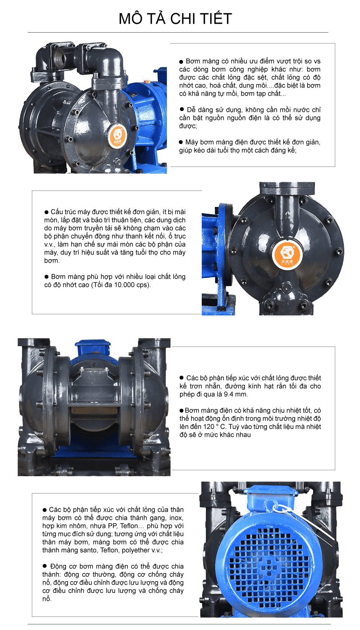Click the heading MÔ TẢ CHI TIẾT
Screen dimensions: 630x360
coord(175,19)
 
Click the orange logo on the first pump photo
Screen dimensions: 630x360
coord(118,136)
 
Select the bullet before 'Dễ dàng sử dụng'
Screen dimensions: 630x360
coord(182,109)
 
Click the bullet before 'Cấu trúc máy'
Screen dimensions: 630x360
coord(46,212)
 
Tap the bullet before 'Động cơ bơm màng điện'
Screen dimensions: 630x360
coord(45,566)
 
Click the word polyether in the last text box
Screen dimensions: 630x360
coord(135,550)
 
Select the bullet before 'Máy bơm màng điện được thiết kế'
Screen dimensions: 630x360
coord(181,142)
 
